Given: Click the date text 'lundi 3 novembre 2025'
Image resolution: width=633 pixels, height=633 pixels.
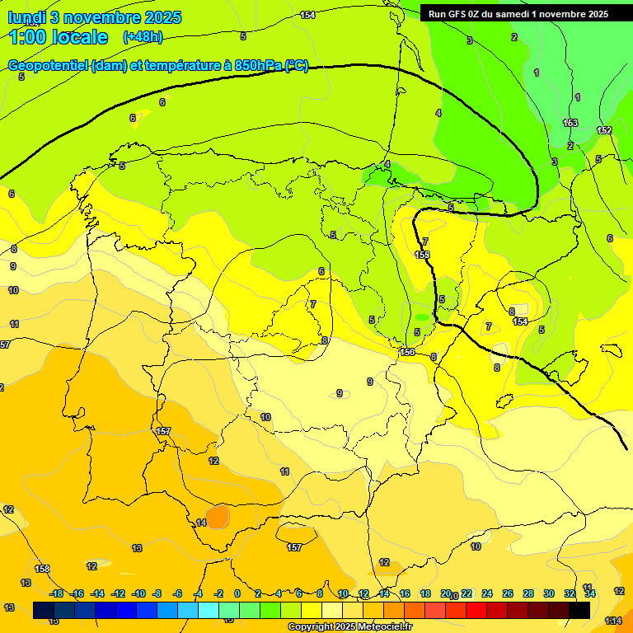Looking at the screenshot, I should [x=94, y=17].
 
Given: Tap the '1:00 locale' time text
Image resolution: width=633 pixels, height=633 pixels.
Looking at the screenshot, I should [x=59, y=37].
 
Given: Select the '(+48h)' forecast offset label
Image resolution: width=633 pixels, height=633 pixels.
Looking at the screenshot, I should [x=143, y=37].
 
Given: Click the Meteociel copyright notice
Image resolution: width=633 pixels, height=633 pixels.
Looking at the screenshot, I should [x=350, y=626].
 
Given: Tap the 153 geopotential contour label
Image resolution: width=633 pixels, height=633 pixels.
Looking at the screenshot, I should [x=570, y=123].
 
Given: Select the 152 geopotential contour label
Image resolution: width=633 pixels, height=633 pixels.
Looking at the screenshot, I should [x=604, y=130].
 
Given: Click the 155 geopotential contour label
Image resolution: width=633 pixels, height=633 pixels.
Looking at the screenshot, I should [x=422, y=256].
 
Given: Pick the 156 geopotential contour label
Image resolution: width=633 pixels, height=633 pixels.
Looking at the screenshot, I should [x=407, y=352].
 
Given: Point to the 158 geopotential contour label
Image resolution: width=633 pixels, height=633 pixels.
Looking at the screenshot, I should [x=42, y=569].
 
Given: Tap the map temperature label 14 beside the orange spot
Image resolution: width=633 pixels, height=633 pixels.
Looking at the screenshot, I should [x=201, y=523].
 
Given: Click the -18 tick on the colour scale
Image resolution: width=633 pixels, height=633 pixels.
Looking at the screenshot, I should [x=56, y=593].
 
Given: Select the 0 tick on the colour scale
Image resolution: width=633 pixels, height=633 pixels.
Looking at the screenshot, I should [x=237, y=593].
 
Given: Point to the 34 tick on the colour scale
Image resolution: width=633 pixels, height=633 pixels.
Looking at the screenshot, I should [x=589, y=593].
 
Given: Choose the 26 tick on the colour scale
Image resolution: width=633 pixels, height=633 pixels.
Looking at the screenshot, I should [x=508, y=593].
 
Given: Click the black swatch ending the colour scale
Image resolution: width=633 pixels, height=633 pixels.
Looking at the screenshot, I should [x=579, y=610].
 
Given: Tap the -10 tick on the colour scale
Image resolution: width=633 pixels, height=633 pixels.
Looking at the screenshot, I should [x=138, y=593].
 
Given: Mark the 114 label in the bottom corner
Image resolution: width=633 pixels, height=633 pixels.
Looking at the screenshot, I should [x=612, y=620].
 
